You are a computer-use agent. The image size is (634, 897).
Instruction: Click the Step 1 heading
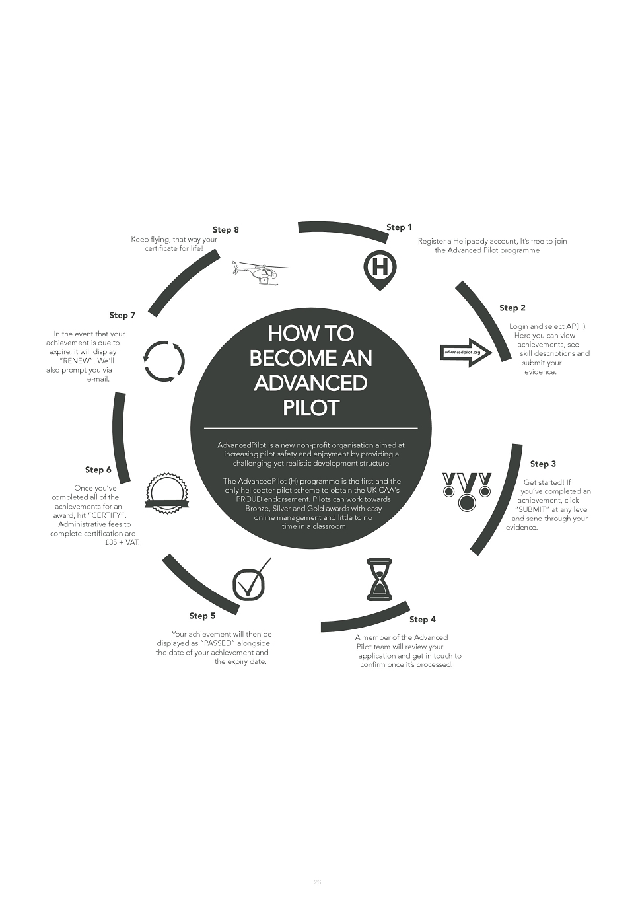399,227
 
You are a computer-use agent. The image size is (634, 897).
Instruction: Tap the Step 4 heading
422,619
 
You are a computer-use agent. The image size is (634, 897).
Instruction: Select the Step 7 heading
122,315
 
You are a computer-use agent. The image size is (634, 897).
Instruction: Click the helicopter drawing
260,273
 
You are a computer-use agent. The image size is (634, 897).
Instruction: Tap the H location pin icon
380,268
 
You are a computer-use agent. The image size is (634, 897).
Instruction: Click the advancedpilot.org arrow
466,353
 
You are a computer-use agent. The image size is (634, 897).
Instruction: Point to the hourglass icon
379,579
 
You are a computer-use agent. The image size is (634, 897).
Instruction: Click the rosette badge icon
166,493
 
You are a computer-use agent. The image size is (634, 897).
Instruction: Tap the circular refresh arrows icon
164,361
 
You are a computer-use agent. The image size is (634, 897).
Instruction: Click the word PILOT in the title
310,408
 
